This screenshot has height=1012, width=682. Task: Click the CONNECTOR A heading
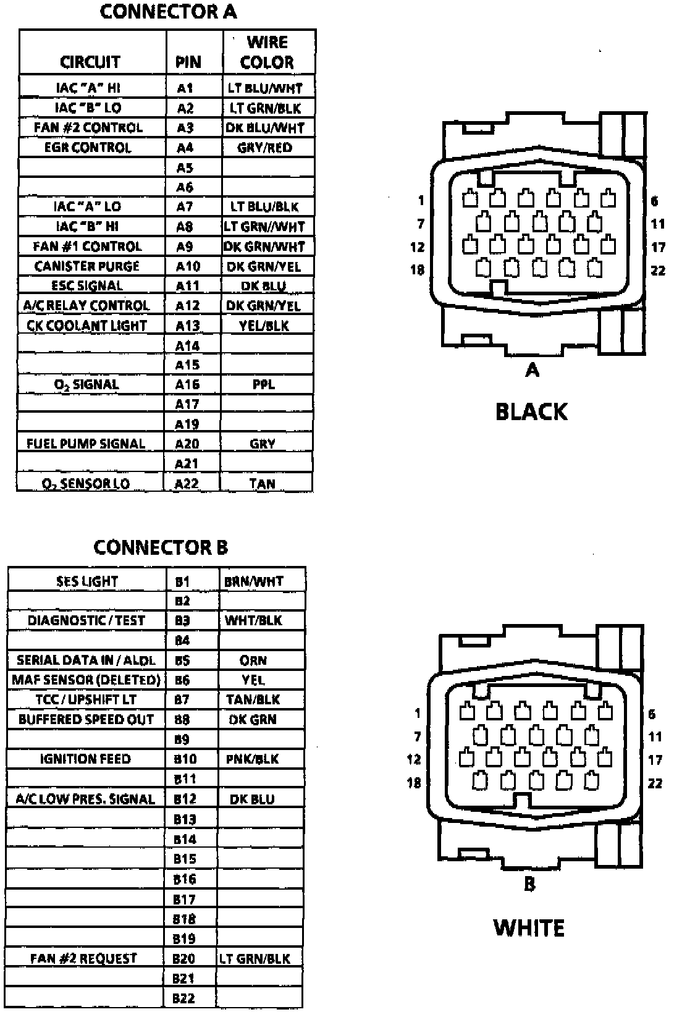click(x=168, y=12)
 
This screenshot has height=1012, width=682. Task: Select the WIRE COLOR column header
click(x=267, y=53)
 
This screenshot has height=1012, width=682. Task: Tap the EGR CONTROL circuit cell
click(x=88, y=148)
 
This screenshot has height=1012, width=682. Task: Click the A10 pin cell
click(x=188, y=266)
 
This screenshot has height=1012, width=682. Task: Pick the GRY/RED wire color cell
click(x=264, y=148)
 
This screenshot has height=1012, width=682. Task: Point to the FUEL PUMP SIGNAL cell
click(x=86, y=444)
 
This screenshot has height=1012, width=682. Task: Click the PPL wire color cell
click(x=264, y=384)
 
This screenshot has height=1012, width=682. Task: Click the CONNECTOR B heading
click(x=161, y=547)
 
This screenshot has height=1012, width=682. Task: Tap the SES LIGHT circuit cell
click(x=87, y=581)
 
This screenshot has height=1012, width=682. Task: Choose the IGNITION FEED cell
click(x=85, y=759)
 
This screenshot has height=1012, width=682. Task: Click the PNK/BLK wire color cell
click(x=253, y=759)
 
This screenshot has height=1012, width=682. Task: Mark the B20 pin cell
click(x=184, y=958)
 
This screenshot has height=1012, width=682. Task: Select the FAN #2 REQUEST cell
click(x=84, y=958)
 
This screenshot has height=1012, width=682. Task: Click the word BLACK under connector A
click(x=531, y=411)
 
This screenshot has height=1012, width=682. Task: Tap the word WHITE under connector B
click(x=529, y=927)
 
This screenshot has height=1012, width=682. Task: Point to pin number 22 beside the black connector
click(x=659, y=270)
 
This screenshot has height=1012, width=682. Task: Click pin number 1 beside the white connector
click(x=418, y=714)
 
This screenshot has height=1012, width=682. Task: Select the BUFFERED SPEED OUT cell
click(x=86, y=719)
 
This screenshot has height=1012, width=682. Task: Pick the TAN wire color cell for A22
click(x=263, y=484)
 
